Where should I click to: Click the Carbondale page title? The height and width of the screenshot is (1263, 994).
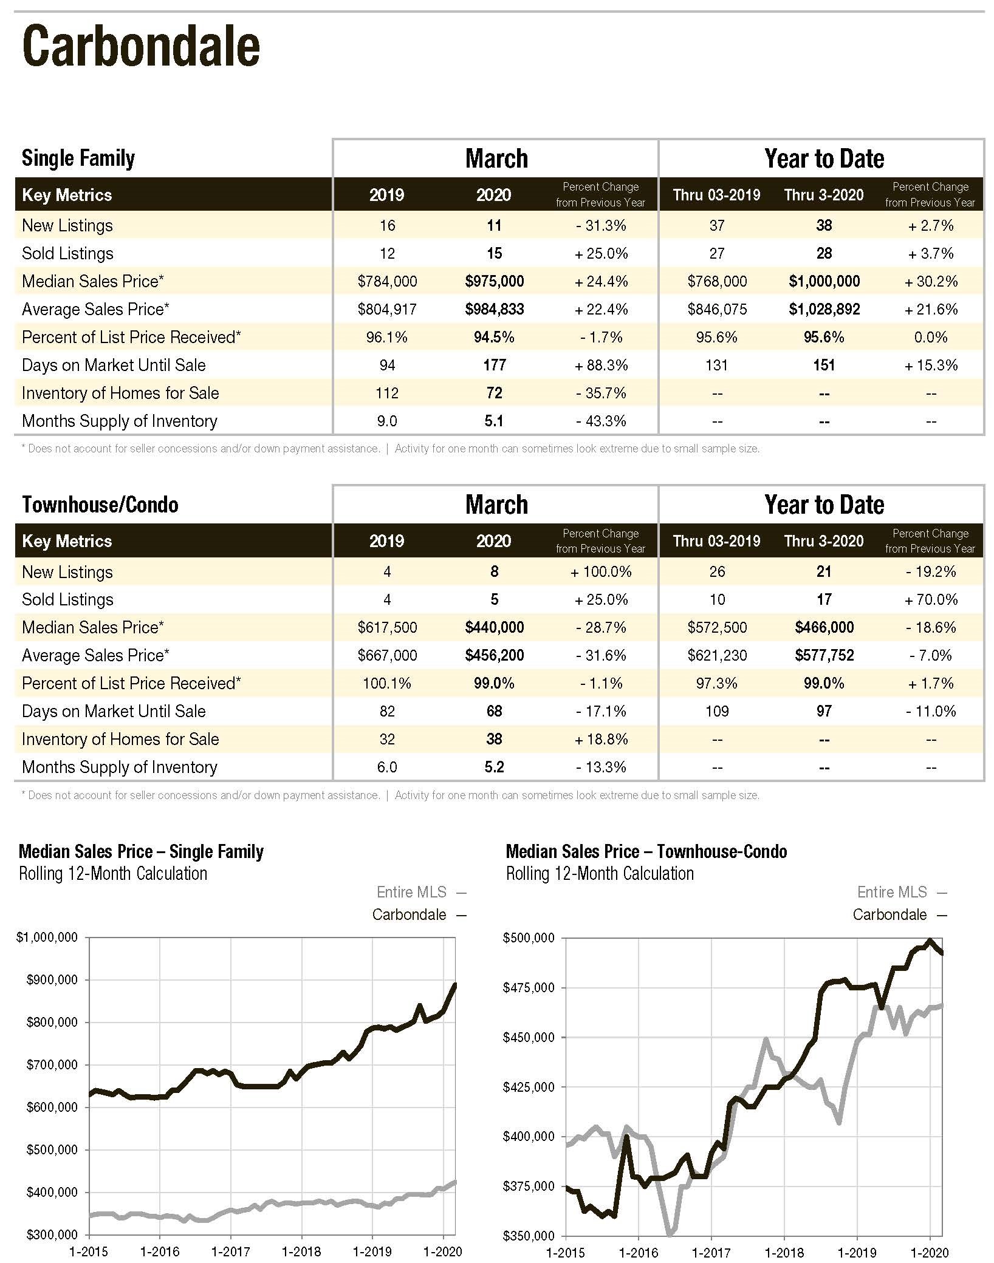[141, 46]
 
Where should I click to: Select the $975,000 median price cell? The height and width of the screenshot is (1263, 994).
[495, 281]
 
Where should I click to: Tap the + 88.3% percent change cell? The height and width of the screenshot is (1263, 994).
[601, 365]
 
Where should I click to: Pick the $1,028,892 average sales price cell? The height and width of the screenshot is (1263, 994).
[824, 309]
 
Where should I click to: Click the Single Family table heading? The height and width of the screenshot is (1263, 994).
[78, 158]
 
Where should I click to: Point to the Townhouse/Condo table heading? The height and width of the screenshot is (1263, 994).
[100, 505]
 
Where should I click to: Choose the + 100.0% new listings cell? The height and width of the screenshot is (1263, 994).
[601, 571]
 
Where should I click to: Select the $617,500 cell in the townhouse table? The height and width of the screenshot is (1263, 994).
[387, 627]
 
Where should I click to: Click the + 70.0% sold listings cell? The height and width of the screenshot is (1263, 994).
[931, 599]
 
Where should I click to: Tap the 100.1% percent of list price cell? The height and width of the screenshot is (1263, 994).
[387, 683]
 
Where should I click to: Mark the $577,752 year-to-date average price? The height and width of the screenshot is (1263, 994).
[824, 655]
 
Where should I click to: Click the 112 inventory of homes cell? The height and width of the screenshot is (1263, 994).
[387, 393]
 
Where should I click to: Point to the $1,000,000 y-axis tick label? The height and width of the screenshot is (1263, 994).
[47, 938]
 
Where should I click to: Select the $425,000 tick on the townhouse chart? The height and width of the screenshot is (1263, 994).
[529, 1087]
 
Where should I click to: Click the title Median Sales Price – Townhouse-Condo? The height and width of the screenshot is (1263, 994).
[646, 851]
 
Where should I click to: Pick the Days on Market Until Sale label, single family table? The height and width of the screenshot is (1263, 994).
[114, 365]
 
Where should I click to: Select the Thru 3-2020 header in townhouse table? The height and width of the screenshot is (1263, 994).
[824, 541]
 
